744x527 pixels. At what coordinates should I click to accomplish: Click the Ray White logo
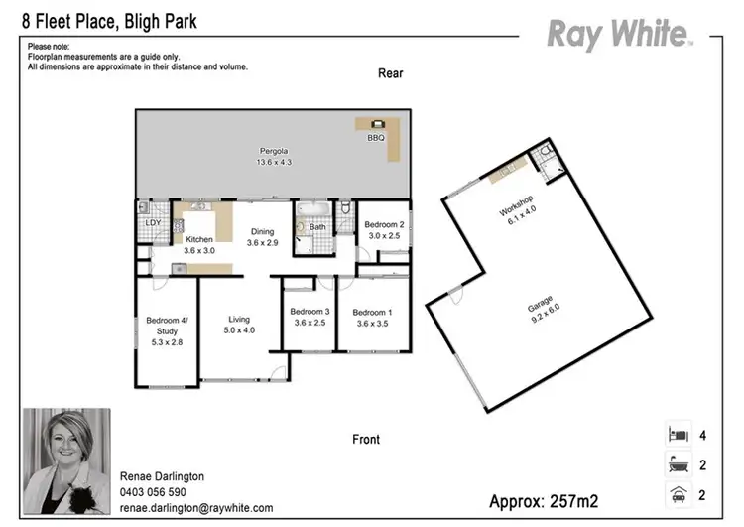(619, 35)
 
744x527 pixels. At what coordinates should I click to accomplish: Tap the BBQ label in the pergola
(376, 138)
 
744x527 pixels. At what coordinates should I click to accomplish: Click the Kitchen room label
(200, 245)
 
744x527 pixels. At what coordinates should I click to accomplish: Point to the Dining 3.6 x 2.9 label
(262, 237)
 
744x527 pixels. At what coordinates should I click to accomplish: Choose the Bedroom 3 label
(309, 317)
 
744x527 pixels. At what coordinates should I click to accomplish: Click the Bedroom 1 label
(372, 317)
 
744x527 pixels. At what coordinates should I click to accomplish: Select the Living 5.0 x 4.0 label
(239, 325)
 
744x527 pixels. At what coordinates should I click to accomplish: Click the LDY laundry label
(153, 223)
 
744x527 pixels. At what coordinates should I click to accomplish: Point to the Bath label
(316, 227)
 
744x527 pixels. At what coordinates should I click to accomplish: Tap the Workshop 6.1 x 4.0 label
(518, 215)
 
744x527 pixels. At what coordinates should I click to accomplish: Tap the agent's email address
(195, 508)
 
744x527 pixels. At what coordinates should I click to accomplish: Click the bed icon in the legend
(677, 434)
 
